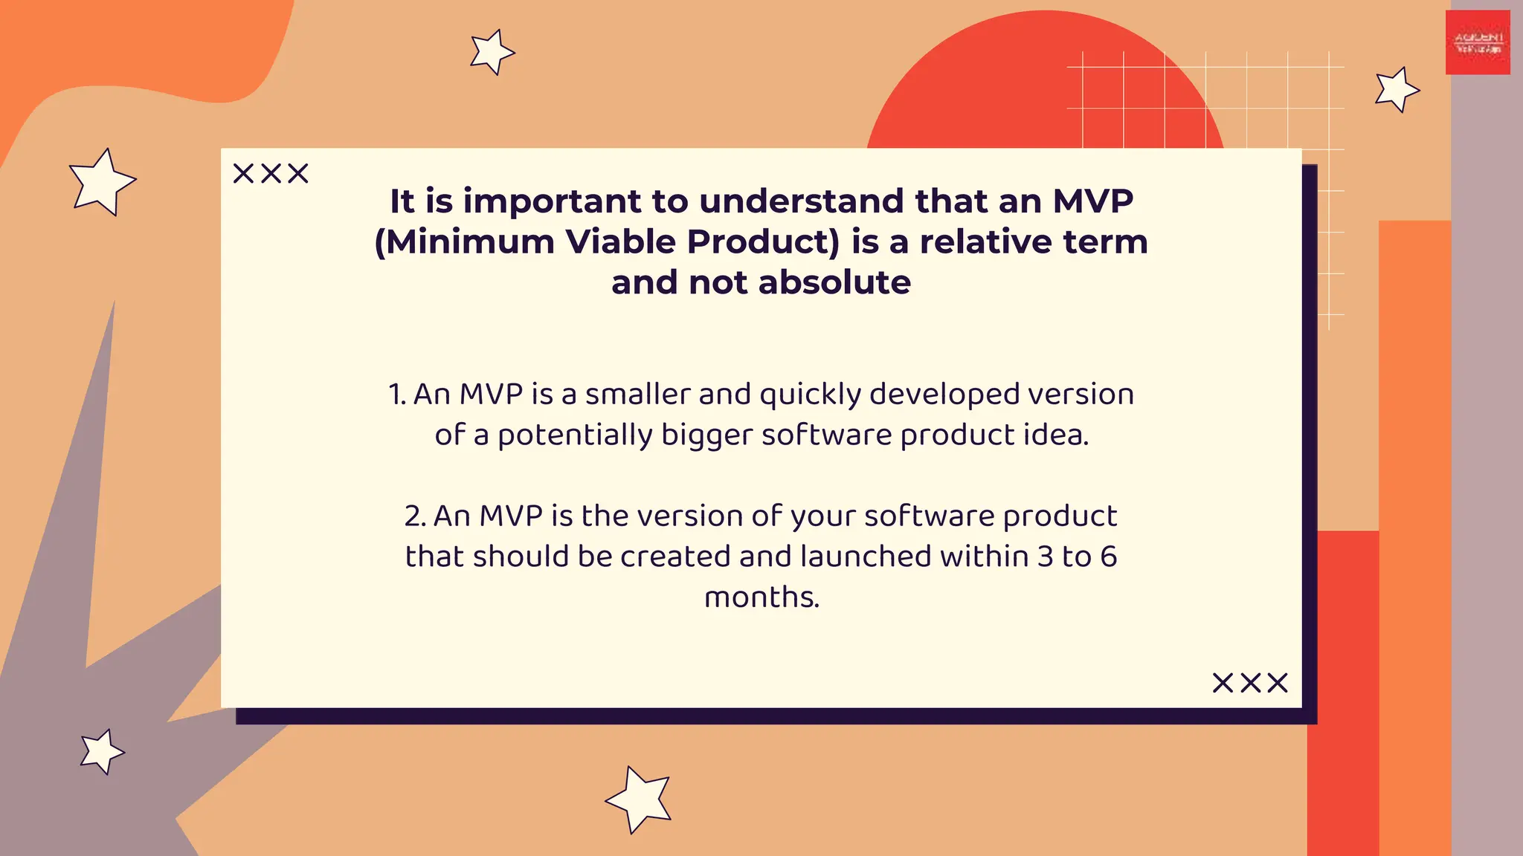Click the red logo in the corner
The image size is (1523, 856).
(1478, 42)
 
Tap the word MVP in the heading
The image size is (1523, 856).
(1092, 201)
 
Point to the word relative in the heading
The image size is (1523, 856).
(985, 242)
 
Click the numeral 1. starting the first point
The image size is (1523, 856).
(397, 395)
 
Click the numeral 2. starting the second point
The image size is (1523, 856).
(415, 516)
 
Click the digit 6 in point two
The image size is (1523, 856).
(1108, 557)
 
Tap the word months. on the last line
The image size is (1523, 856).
(761, 597)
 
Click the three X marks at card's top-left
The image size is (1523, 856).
(271, 174)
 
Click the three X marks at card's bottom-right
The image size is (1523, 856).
(1250, 683)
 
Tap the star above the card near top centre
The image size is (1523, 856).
(491, 52)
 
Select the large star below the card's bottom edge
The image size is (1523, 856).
(640, 800)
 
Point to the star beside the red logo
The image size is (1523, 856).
(1397, 90)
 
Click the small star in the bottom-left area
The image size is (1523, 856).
(101, 751)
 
